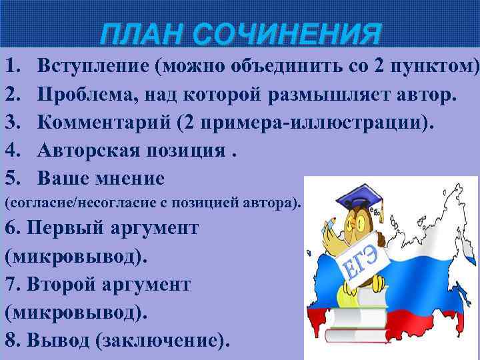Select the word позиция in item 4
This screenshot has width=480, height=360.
pos(181,151)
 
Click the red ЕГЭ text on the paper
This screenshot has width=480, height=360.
pos(361,263)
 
